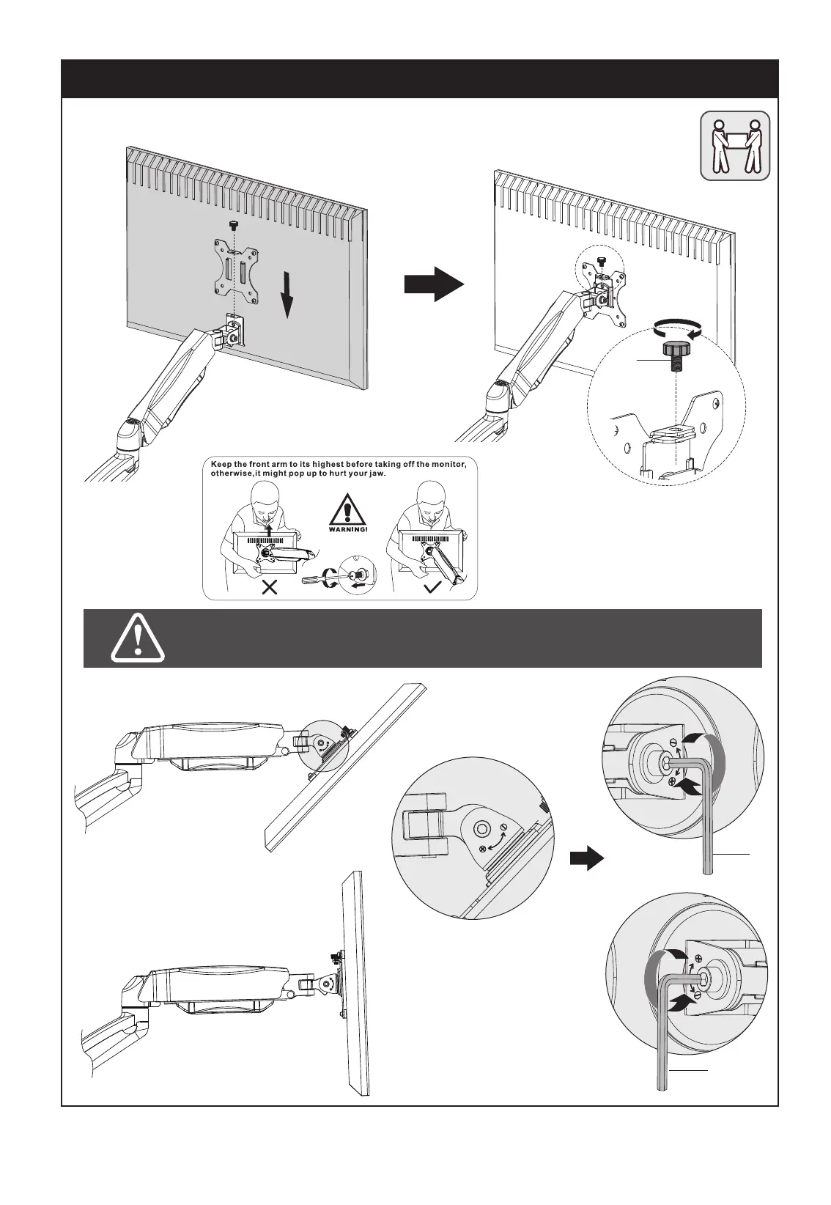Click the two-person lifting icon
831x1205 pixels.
(735, 145)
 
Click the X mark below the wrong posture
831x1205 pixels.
(270, 586)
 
